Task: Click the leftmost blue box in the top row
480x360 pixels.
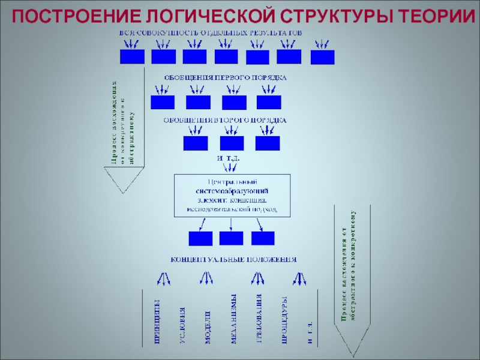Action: pyautogui.click(x=132, y=56)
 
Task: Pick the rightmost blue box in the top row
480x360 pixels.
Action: pyautogui.click(x=323, y=57)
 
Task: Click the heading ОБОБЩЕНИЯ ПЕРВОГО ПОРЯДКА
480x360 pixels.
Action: pyautogui.click(x=226, y=77)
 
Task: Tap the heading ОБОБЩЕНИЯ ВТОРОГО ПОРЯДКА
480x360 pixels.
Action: pyautogui.click(x=226, y=120)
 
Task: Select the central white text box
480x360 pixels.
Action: pyautogui.click(x=232, y=195)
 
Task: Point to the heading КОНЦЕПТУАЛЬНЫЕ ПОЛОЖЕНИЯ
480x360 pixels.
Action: pyautogui.click(x=234, y=260)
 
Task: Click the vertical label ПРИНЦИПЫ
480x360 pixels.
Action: pyautogui.click(x=157, y=322)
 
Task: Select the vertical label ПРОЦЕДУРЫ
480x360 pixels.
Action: pyautogui.click(x=285, y=320)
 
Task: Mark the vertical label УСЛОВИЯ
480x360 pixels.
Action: pyautogui.click(x=182, y=326)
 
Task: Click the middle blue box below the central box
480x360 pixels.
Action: pyautogui.click(x=232, y=238)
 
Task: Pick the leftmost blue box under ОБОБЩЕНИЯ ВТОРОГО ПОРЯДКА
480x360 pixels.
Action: pyautogui.click(x=196, y=143)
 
